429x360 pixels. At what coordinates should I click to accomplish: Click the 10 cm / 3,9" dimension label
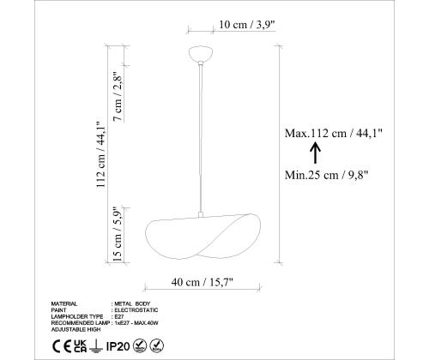pos(247,25)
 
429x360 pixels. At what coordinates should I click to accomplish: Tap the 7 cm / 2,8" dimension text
pos(118,96)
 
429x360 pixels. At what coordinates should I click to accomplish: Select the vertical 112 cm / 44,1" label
pos(101,154)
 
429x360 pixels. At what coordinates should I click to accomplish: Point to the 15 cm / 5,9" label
pos(118,234)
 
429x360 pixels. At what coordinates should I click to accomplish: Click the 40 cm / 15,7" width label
pos(202,282)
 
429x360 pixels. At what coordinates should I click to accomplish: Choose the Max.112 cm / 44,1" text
pos(333,133)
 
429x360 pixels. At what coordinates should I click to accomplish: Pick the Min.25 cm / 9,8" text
pos(326,175)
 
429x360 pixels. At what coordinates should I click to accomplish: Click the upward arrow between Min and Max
pos(316,153)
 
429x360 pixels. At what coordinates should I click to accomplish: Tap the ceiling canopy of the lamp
pos(201,53)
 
